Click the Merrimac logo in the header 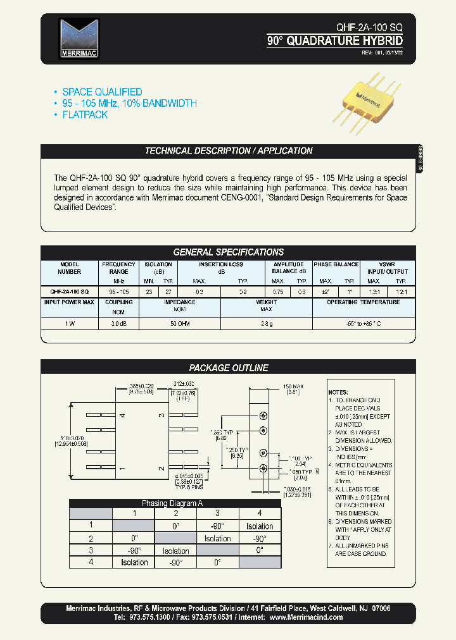tap(79, 39)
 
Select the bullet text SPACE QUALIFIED tap(102, 92)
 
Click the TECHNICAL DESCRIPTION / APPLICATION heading tap(229, 151)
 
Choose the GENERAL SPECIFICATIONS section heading tap(229, 252)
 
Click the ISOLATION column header tap(158, 264)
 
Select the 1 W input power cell tap(69, 323)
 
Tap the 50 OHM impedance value tap(179, 323)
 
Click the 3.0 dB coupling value tap(118, 323)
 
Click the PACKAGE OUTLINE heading tap(229, 367)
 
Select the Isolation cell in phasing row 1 tap(260, 526)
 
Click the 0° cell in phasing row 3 tap(260, 550)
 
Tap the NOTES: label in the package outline tap(339, 392)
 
